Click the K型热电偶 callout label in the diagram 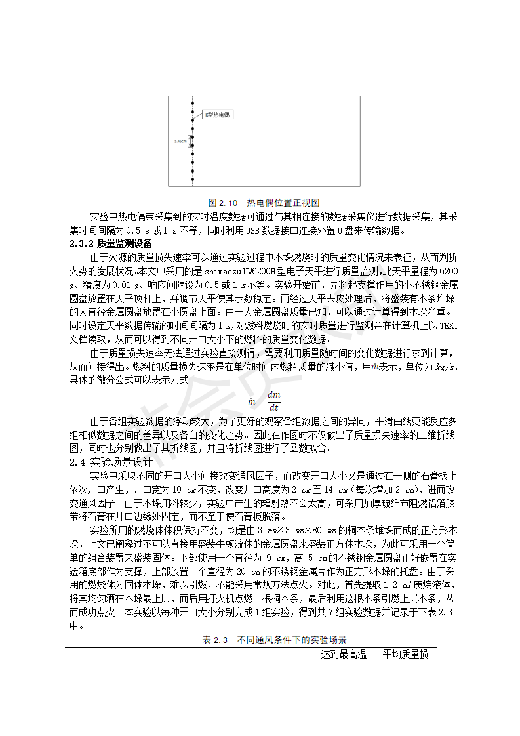click(x=217, y=115)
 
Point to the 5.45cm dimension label click(x=180, y=141)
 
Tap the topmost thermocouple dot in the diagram click(x=192, y=102)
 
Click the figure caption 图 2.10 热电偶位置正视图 click(x=264, y=203)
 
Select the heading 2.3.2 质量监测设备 click(x=111, y=244)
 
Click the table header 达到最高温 click(x=344, y=654)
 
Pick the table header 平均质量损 click(x=405, y=654)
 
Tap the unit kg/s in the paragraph click(x=445, y=367)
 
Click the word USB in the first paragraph click(x=252, y=230)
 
